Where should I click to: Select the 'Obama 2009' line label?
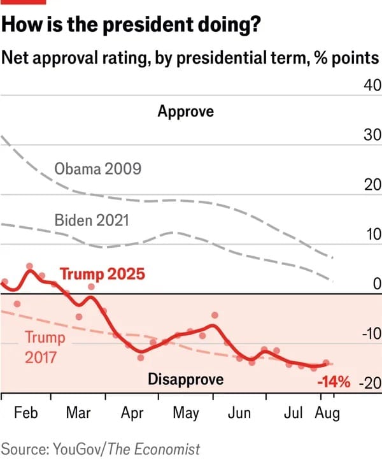point(97,169)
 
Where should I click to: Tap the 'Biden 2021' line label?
point(92,221)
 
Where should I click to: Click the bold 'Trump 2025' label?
point(103,275)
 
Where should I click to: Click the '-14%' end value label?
point(334,383)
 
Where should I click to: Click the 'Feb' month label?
point(26,413)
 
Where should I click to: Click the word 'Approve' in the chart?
point(186,111)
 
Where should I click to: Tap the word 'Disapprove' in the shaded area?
point(186,380)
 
